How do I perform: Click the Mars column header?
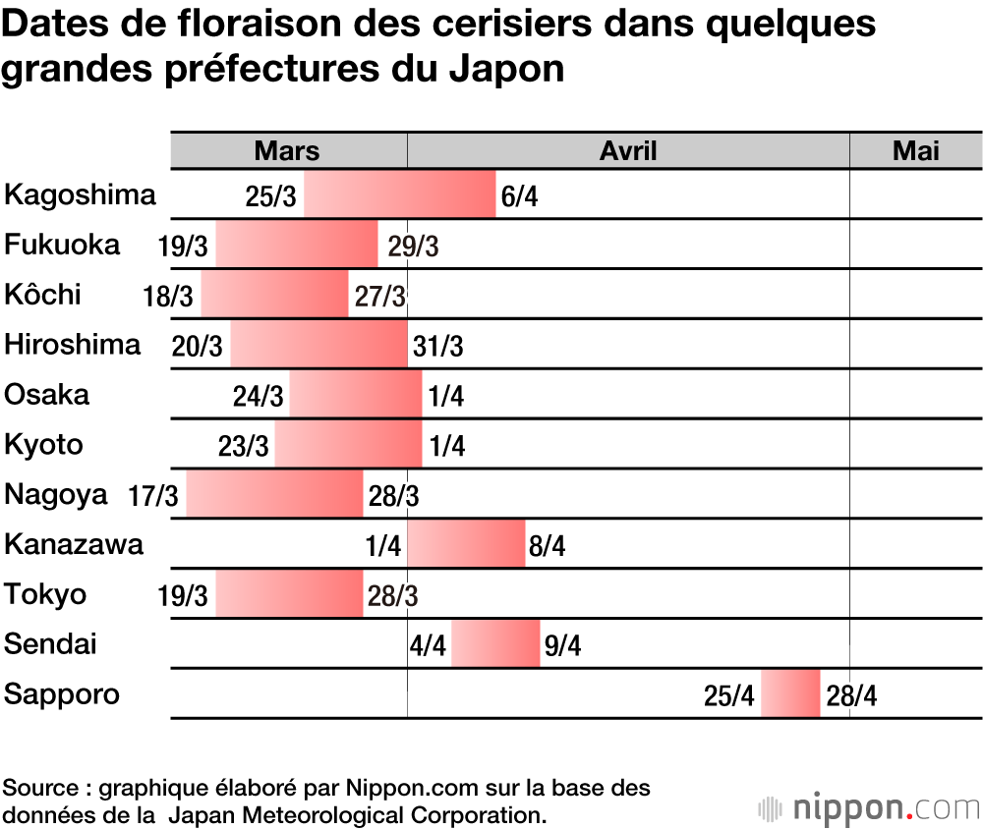pyautogui.click(x=287, y=150)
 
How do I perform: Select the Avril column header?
pyautogui.click(x=628, y=150)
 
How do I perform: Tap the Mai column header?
pyautogui.click(x=915, y=150)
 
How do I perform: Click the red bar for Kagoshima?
pyautogui.click(x=400, y=194)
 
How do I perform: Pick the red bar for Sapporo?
pyautogui.click(x=790, y=693)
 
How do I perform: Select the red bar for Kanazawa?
pyautogui.click(x=466, y=544)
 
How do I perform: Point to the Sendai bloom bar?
pyautogui.click(x=495, y=644)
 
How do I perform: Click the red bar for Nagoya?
pyautogui.click(x=274, y=494)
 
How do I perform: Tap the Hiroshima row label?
pyautogui.click(x=73, y=345)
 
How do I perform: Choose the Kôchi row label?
pyautogui.click(x=43, y=295)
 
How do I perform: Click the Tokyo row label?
pyautogui.click(x=45, y=594)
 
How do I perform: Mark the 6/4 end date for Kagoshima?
pyautogui.click(x=519, y=196)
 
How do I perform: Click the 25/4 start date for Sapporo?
pyautogui.click(x=729, y=696)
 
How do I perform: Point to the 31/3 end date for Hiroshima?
pyautogui.click(x=438, y=347)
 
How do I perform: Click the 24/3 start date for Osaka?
pyautogui.click(x=259, y=397)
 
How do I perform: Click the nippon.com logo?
pyautogui.click(x=870, y=808)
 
